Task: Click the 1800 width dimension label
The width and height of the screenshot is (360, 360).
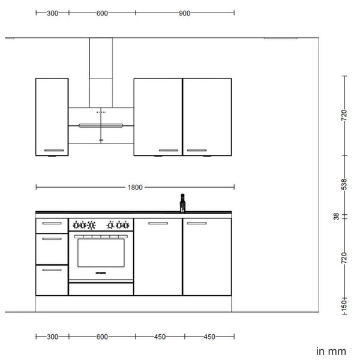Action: coord(135,187)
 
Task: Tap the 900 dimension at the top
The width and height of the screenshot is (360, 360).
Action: coord(184,13)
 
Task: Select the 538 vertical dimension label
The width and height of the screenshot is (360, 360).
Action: coord(344,184)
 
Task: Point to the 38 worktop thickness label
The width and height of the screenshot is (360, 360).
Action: coord(336,216)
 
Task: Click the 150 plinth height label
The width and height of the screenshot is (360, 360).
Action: coord(344,305)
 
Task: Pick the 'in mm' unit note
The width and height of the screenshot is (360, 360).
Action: coord(331,352)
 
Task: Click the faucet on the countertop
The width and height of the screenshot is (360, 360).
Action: coord(182,203)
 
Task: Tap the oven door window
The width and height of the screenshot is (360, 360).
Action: coord(101,253)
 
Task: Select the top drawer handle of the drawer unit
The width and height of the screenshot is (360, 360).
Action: coord(52,223)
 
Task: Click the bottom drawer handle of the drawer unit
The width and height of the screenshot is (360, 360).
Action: coord(52,270)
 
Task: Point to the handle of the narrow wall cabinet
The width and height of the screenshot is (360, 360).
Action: coord(54,151)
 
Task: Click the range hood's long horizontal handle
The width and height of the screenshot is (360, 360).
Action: coord(101,125)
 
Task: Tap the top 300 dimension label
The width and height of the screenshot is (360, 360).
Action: coord(52,13)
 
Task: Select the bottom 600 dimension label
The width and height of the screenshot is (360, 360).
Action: coord(102,337)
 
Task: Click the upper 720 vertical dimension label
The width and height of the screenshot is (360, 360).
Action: coord(344,115)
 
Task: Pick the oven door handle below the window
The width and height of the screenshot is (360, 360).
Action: coord(101,273)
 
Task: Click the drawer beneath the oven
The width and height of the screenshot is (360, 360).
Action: coord(101,289)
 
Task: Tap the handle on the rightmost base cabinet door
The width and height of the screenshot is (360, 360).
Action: coord(197,223)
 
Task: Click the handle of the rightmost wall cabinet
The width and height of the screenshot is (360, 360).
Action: coord(197,151)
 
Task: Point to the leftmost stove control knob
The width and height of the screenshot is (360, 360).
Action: coord(76,225)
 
